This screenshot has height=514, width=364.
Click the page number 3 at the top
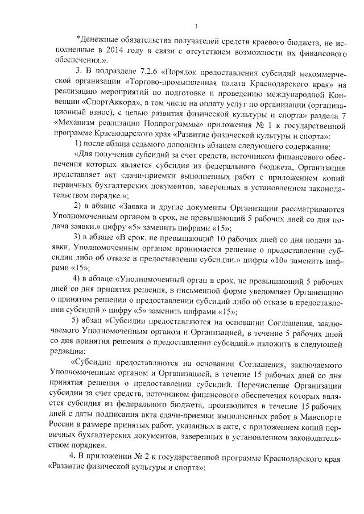195,26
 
